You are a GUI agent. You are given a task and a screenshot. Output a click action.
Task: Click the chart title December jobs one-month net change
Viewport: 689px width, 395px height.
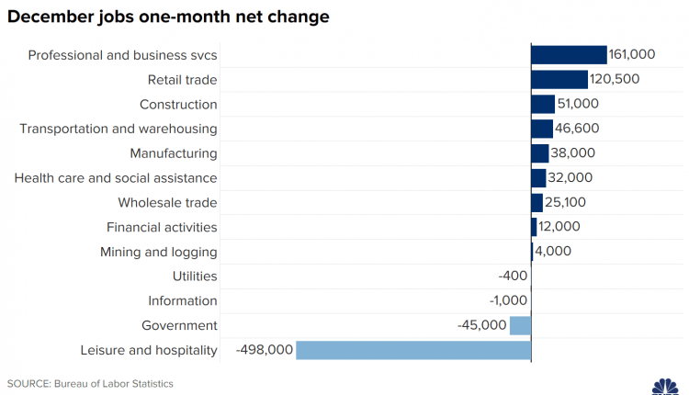(x=168, y=17)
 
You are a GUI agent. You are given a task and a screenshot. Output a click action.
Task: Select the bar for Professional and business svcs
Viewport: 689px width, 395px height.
(x=569, y=55)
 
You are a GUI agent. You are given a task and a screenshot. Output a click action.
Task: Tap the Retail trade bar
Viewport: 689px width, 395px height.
(x=559, y=79)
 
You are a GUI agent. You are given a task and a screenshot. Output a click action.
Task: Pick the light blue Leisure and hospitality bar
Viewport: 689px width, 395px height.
(x=413, y=350)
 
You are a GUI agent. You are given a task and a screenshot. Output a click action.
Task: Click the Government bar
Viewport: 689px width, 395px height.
(x=520, y=325)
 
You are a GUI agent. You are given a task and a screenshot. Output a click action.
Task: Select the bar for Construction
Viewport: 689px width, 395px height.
(x=542, y=104)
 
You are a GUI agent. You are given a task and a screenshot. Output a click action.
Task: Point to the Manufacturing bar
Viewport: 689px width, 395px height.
(x=539, y=153)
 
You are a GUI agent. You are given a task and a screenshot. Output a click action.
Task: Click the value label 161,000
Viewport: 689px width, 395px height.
(x=633, y=55)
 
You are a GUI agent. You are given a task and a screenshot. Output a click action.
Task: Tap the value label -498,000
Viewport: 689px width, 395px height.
(x=265, y=350)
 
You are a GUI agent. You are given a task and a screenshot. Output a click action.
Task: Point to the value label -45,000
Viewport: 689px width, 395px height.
(x=481, y=325)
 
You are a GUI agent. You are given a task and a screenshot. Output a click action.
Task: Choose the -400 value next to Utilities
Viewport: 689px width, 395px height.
(x=513, y=276)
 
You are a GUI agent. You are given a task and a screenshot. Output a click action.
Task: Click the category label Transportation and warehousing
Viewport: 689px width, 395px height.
(x=119, y=129)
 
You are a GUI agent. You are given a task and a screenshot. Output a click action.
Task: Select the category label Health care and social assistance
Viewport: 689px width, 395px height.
(x=116, y=177)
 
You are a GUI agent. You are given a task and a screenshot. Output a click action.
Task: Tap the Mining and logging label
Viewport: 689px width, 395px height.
(x=159, y=252)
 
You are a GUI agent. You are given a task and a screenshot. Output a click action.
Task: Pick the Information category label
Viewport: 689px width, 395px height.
(x=183, y=300)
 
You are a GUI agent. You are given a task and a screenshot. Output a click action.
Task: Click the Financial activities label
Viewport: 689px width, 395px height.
(x=162, y=227)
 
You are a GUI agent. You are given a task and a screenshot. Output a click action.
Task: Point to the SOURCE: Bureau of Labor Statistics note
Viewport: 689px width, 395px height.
(x=90, y=383)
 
